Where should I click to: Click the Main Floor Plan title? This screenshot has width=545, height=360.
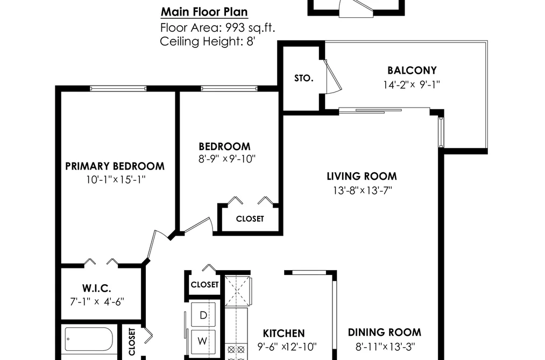[204, 12]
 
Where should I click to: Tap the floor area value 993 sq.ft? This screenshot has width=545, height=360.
[250, 27]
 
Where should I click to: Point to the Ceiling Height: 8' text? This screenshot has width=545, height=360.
[208, 41]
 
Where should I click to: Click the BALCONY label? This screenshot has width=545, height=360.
[412, 70]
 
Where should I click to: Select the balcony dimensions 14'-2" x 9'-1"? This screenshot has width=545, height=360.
[412, 84]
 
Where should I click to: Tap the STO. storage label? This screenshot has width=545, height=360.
[304, 78]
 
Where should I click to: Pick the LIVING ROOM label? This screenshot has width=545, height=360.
[362, 176]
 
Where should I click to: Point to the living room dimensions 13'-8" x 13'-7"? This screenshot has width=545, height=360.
[363, 190]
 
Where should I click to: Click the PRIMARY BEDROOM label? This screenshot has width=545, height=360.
[115, 166]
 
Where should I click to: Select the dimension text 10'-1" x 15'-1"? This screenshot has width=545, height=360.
[116, 180]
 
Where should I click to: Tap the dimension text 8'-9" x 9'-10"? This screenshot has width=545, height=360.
[227, 159]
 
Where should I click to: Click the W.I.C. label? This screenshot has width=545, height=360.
[97, 288]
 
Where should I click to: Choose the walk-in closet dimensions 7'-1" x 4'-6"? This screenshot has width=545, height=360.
[97, 302]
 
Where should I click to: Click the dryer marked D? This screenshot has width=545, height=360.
[203, 315]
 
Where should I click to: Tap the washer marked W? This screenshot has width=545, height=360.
[203, 341]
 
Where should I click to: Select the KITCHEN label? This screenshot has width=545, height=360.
[284, 333]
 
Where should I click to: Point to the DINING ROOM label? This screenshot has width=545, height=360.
[385, 332]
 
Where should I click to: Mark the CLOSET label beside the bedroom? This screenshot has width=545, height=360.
[250, 218]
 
